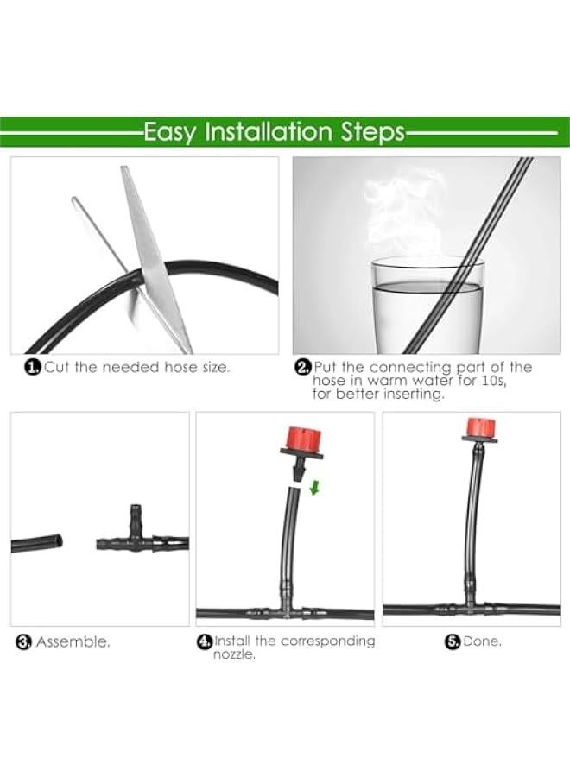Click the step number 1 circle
pos(33,368)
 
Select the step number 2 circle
pos(302,368)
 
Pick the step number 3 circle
pos(24,642)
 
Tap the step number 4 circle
pos(205,641)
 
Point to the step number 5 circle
pos(452,641)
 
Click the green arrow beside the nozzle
pos(314,489)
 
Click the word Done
pos(482,641)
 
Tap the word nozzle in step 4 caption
pos(233,655)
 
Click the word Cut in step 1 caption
pos(57,368)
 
